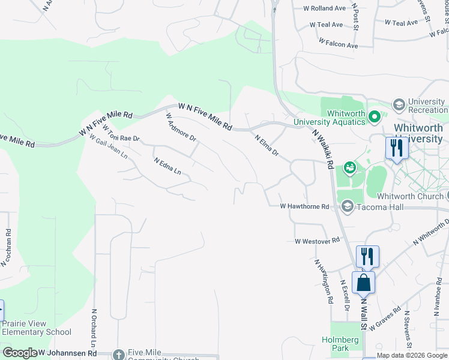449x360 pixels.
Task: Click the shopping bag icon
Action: coord(363,281)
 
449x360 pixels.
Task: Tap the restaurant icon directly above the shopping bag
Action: coord(367,256)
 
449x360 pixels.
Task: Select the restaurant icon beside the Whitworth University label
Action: coord(396,147)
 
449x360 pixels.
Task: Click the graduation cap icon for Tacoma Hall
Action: coord(347,206)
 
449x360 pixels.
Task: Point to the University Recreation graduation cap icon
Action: coord(398,105)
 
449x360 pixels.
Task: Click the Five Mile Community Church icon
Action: coord(118,355)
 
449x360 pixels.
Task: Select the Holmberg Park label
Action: coord(345,344)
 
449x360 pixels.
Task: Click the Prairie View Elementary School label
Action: coord(36,328)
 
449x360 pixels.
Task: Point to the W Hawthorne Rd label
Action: coord(305,206)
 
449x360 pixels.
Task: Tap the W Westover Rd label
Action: coord(317,241)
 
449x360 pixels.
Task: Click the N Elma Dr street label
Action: coord(267,145)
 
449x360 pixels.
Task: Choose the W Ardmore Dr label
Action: coord(181,127)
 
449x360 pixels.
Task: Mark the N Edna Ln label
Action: coord(167,166)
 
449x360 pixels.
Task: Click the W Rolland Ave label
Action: coord(325,8)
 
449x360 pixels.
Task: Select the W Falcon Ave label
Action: coord(338,43)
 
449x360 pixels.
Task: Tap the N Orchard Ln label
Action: coord(94,329)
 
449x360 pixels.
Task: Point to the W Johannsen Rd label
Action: coord(67,353)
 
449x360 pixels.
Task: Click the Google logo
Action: coord(19,353)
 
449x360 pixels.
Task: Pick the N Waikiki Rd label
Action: coord(323,150)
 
